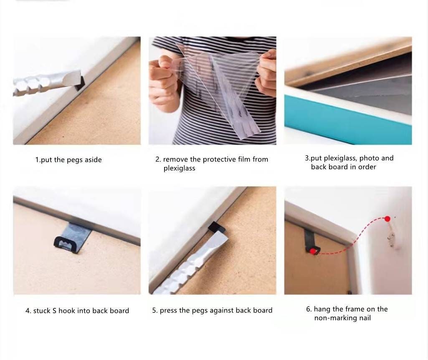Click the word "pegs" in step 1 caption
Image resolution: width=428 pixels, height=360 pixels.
(75, 160)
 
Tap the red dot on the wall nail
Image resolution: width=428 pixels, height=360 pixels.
(387, 219)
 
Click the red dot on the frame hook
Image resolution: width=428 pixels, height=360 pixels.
(312, 251)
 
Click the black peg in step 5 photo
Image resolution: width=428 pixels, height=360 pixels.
(216, 227)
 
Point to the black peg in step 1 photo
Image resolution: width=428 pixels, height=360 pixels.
(79, 83)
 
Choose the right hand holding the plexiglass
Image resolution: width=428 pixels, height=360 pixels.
(266, 73)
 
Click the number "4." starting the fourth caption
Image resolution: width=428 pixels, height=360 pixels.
(28, 311)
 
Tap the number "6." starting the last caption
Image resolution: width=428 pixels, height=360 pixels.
(309, 309)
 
